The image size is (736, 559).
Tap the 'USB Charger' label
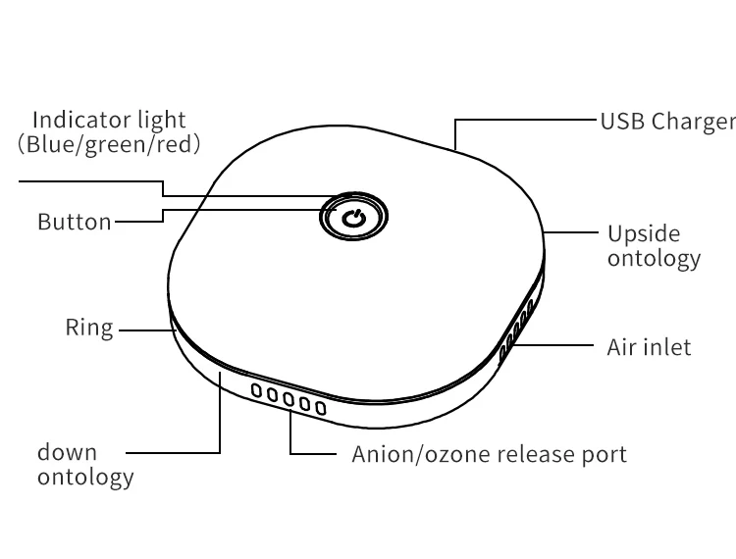(667, 122)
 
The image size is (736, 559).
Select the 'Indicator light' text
(109, 120)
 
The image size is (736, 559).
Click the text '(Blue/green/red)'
(109, 144)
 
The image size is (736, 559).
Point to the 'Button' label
(75, 222)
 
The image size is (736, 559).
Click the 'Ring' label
(89, 328)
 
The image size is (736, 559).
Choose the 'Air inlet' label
(649, 346)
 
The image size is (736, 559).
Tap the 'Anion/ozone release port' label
(489, 454)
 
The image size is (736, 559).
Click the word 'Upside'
(644, 234)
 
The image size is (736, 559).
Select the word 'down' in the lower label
(68, 452)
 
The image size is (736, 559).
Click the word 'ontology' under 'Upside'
(654, 258)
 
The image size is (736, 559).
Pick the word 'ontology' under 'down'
(85, 478)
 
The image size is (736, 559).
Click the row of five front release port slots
(289, 398)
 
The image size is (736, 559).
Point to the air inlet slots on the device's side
(516, 328)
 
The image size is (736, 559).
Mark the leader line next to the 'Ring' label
(144, 330)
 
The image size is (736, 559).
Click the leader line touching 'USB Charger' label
(530, 121)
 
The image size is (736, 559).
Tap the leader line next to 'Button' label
(138, 222)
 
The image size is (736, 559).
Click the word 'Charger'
(694, 122)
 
